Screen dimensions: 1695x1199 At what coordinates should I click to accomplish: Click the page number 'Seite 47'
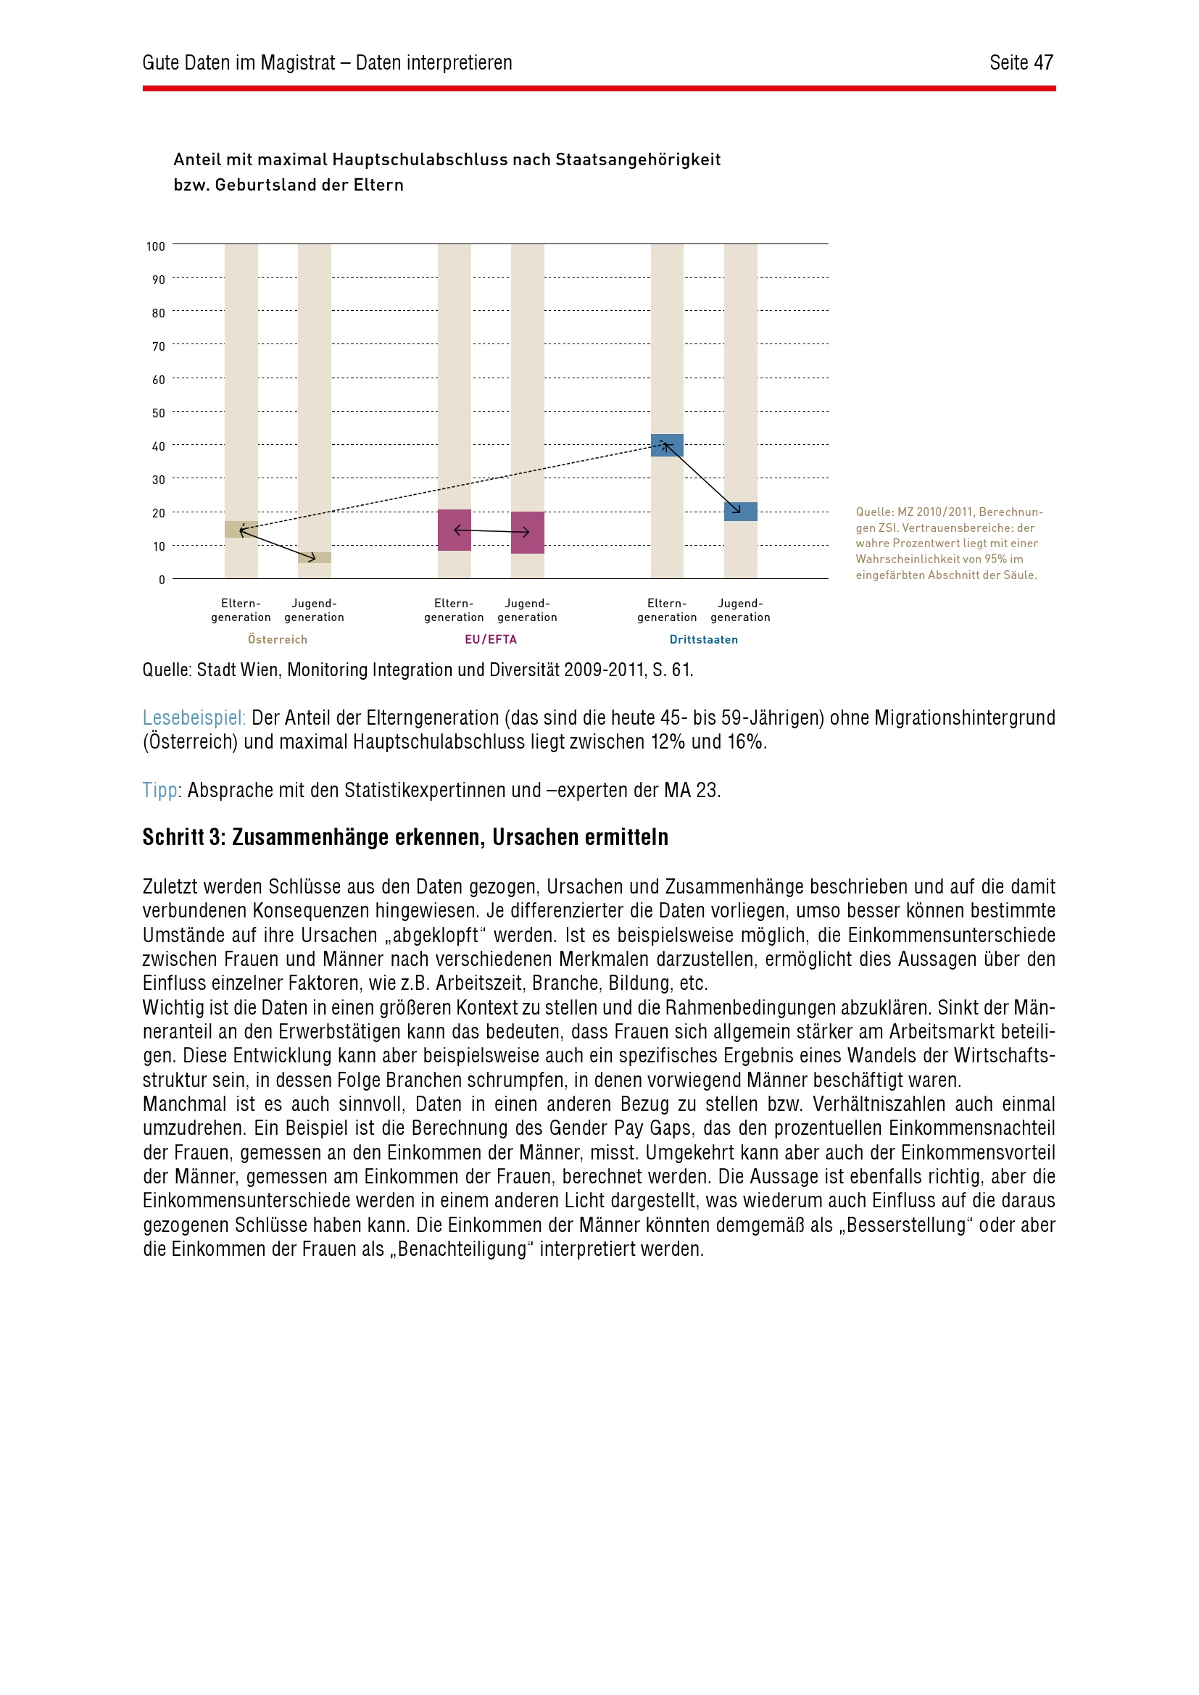pos(1021,63)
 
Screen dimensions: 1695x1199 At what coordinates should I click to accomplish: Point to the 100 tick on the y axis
pos(156,246)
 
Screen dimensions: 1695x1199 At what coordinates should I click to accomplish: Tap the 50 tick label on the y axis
pos(159,413)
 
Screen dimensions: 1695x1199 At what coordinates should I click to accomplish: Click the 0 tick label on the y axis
pos(162,580)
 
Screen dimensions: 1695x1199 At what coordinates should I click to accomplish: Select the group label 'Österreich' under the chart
pos(278,639)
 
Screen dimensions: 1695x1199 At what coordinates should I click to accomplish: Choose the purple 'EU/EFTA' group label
pos(491,639)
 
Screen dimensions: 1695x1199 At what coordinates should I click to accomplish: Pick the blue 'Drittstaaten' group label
pos(704,639)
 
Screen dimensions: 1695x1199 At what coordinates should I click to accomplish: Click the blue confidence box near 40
pos(667,445)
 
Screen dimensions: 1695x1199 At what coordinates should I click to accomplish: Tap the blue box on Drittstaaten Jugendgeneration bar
pos(741,512)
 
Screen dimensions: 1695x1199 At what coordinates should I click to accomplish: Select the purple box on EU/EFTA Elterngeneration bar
pos(454,530)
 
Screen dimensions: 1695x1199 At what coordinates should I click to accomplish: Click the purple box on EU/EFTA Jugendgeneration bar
pos(527,533)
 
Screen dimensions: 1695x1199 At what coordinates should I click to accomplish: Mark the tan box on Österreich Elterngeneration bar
pos(241,529)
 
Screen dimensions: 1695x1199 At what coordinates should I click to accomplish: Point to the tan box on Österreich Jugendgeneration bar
pos(315,557)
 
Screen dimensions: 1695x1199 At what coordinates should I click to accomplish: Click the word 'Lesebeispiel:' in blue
pos(194,717)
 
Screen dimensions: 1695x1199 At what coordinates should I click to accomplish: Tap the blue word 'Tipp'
pos(160,790)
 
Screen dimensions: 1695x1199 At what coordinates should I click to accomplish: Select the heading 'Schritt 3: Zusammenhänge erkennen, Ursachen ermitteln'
pos(405,837)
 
